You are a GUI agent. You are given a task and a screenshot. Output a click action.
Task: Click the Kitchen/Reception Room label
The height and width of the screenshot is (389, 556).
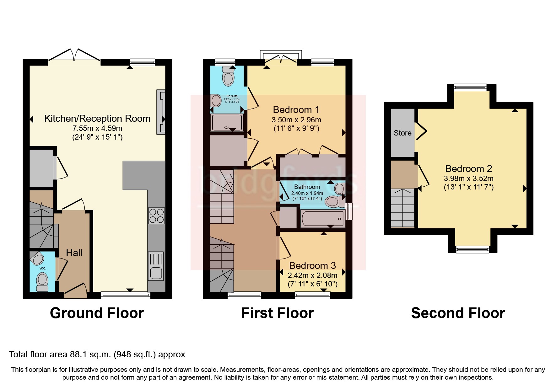tap(97, 119)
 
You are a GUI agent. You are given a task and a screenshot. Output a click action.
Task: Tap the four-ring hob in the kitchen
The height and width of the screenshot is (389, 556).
tap(156, 216)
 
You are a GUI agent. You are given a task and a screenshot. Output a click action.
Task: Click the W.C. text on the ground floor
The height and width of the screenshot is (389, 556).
tap(43, 269)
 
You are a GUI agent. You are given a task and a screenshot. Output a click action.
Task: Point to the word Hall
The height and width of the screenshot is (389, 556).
tap(74, 253)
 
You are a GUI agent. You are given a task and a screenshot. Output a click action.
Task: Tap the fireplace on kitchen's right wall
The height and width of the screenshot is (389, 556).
tap(161, 112)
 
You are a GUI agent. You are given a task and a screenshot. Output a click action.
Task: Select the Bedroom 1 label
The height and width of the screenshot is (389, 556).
tap(296, 110)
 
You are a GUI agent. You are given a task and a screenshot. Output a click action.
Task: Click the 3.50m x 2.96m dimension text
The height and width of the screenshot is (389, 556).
tap(296, 120)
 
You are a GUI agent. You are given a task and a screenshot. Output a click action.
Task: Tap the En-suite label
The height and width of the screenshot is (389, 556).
tap(232, 96)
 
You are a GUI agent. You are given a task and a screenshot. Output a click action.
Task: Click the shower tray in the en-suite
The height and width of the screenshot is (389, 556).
tap(227, 122)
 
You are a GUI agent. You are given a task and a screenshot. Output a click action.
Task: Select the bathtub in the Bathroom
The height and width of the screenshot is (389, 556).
tap(322, 219)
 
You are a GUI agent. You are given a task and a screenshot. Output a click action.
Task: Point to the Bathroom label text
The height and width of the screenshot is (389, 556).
tap(307, 187)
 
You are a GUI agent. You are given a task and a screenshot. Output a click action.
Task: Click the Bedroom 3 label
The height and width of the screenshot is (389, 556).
tap(312, 266)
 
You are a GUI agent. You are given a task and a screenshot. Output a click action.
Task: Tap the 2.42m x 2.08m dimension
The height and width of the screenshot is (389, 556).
tap(312, 275)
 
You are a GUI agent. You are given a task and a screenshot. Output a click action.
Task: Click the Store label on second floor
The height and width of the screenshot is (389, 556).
tap(402, 133)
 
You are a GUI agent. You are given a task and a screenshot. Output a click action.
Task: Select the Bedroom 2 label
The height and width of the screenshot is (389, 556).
tap(468, 169)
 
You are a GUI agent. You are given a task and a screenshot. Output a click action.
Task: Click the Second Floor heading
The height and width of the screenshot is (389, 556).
tap(458, 313)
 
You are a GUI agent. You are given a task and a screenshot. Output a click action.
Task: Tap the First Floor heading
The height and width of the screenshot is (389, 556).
tap(277, 313)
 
